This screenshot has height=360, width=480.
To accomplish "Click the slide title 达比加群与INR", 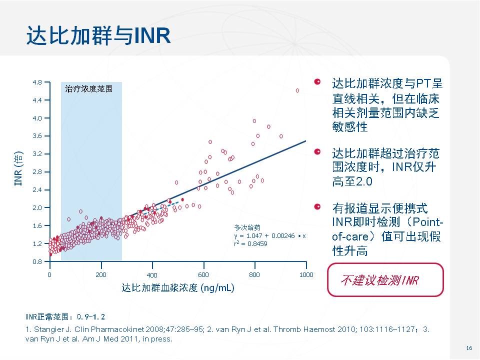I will click(x=98, y=35).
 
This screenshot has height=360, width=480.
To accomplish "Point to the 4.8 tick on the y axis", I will click(x=38, y=82).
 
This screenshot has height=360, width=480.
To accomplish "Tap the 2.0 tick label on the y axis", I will click(x=38, y=207).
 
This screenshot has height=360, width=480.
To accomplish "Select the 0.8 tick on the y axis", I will click(x=38, y=261).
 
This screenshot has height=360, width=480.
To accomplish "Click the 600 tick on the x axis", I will click(x=203, y=275).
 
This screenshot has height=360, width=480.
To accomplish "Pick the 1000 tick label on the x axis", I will click(x=305, y=274).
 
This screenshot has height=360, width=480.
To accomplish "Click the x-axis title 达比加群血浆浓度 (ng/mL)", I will click(x=178, y=288).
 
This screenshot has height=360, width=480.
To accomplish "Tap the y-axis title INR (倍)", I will click(x=18, y=168).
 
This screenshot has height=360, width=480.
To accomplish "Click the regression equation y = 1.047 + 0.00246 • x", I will click(x=269, y=235).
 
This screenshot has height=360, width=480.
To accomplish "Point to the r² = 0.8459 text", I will click(x=250, y=243).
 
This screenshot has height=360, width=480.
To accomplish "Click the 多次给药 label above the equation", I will click(x=244, y=227).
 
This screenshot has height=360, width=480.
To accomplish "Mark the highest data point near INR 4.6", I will click(x=297, y=90).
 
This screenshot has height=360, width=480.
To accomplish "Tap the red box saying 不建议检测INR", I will click(x=385, y=280).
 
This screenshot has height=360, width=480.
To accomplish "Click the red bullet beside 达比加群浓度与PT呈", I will click(x=317, y=82).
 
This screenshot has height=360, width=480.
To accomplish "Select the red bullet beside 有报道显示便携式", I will click(x=317, y=206).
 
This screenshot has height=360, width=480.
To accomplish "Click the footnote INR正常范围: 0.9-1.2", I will click(x=65, y=317).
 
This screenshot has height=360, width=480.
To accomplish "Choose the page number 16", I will click(x=468, y=348).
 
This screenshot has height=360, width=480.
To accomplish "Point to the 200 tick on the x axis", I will click(x=101, y=274).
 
